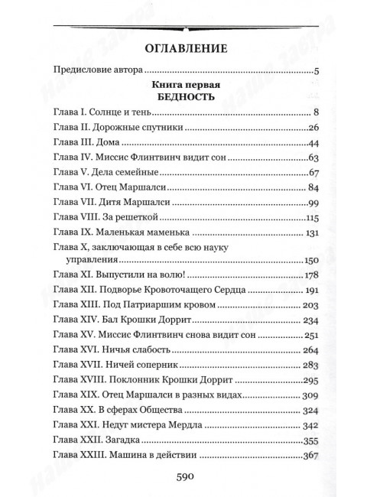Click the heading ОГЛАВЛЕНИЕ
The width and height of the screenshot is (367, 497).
[x=182, y=51]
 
